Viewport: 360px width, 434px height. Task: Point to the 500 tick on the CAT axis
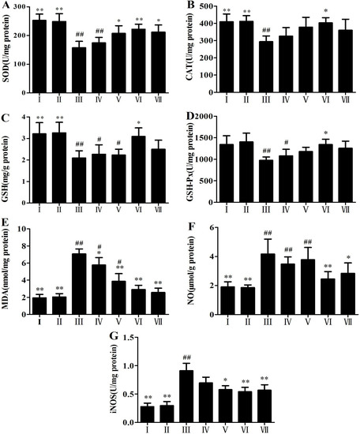[208, 6]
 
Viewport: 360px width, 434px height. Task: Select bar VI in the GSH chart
[141, 167]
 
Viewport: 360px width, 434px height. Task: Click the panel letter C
[6, 118]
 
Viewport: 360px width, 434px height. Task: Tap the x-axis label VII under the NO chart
[345, 328]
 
